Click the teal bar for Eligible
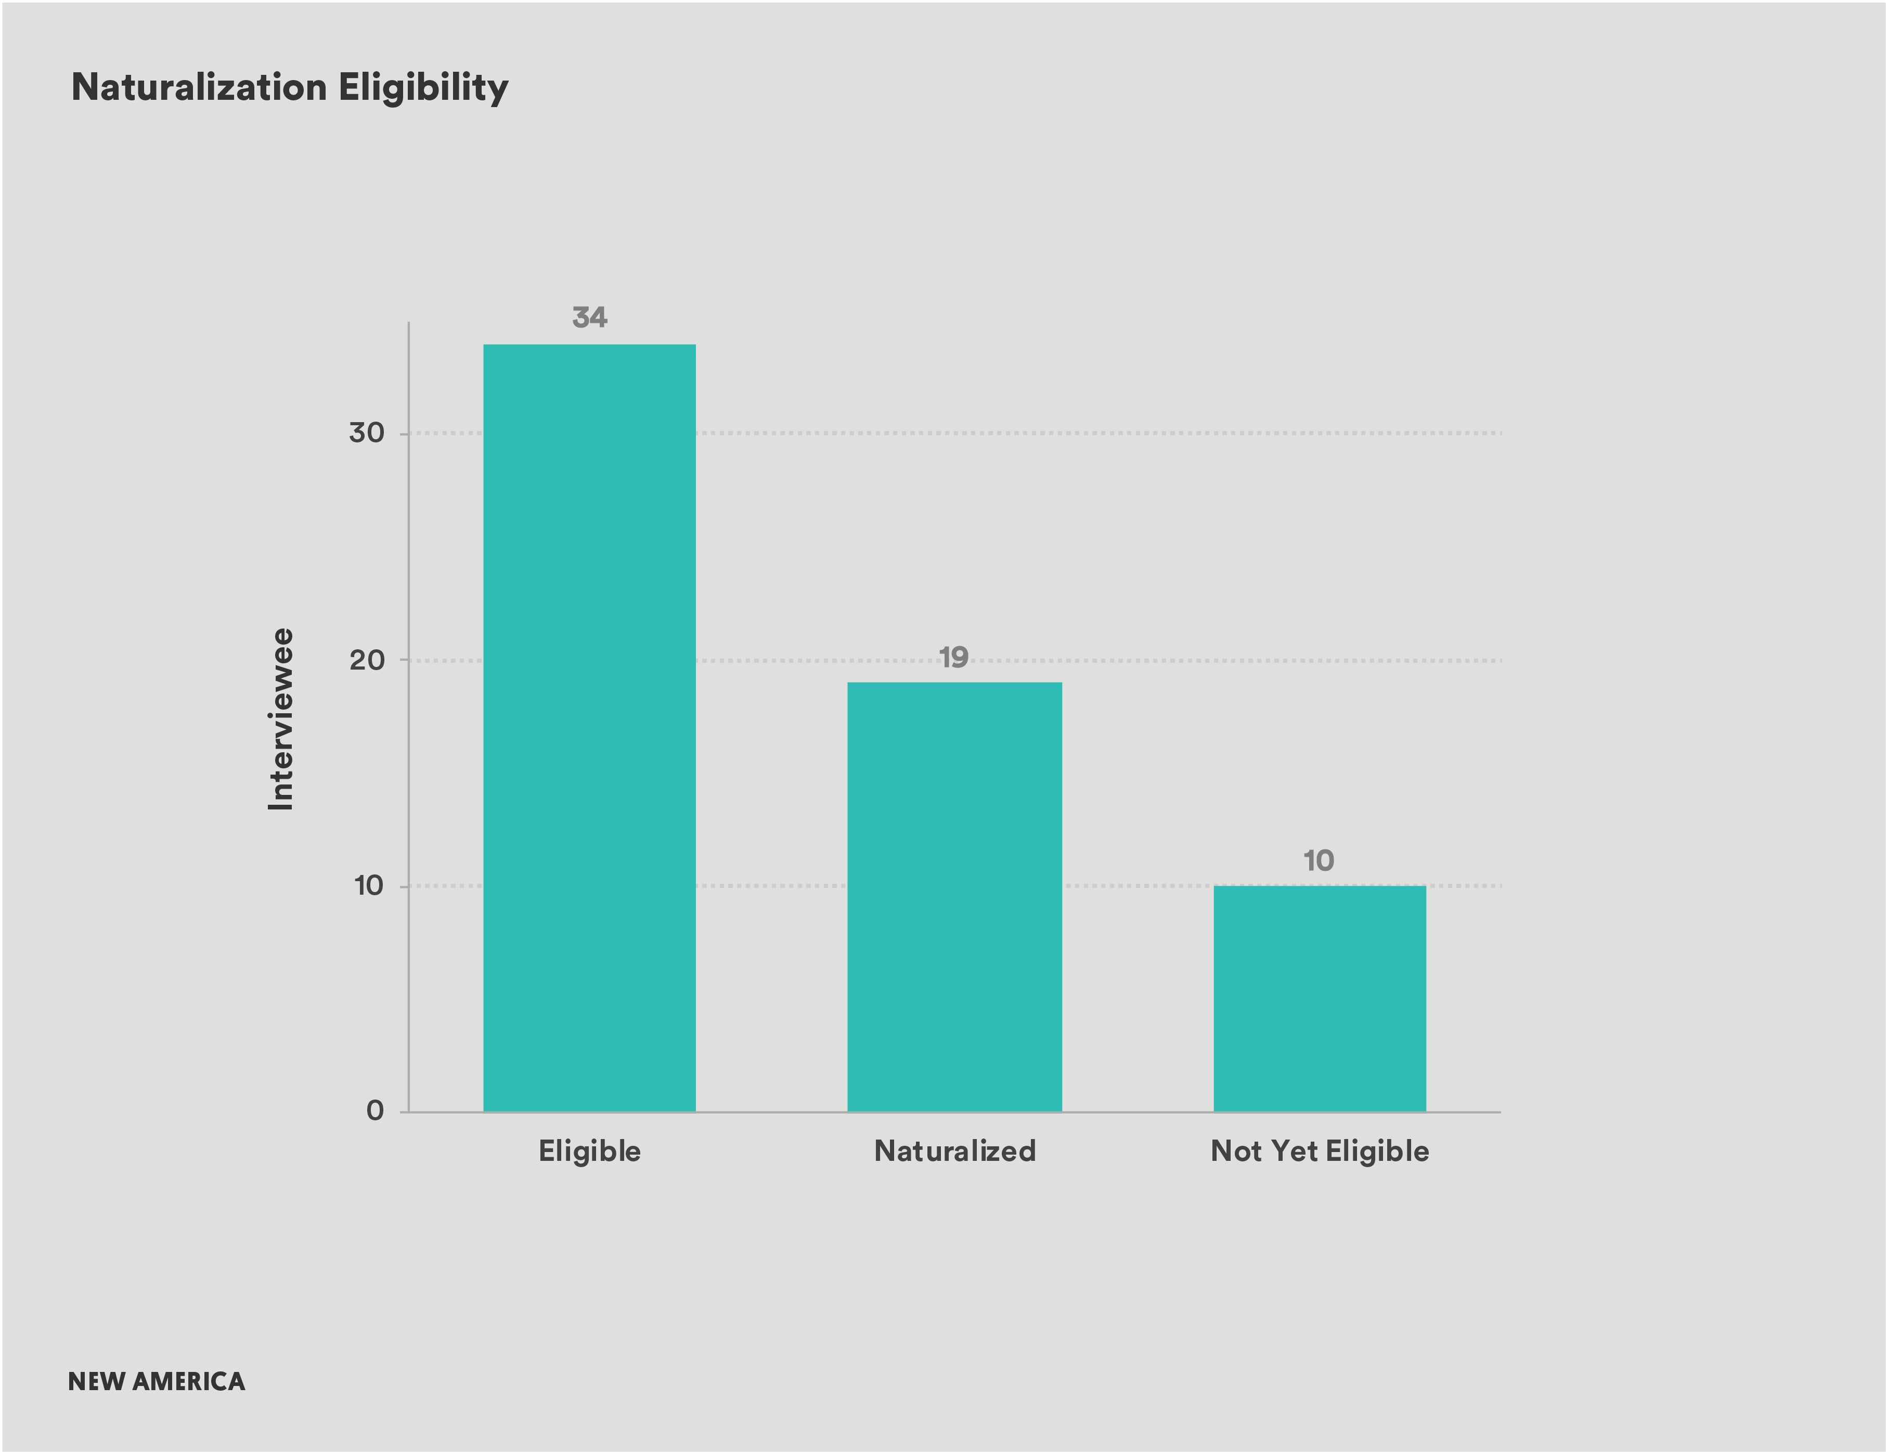589,728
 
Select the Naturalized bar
954,896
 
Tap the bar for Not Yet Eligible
1320,998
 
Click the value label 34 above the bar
590,318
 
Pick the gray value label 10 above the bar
1319,861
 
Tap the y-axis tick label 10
369,886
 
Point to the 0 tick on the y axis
375,1111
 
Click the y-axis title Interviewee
281,719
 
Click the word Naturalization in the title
199,87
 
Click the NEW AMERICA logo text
157,1381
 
